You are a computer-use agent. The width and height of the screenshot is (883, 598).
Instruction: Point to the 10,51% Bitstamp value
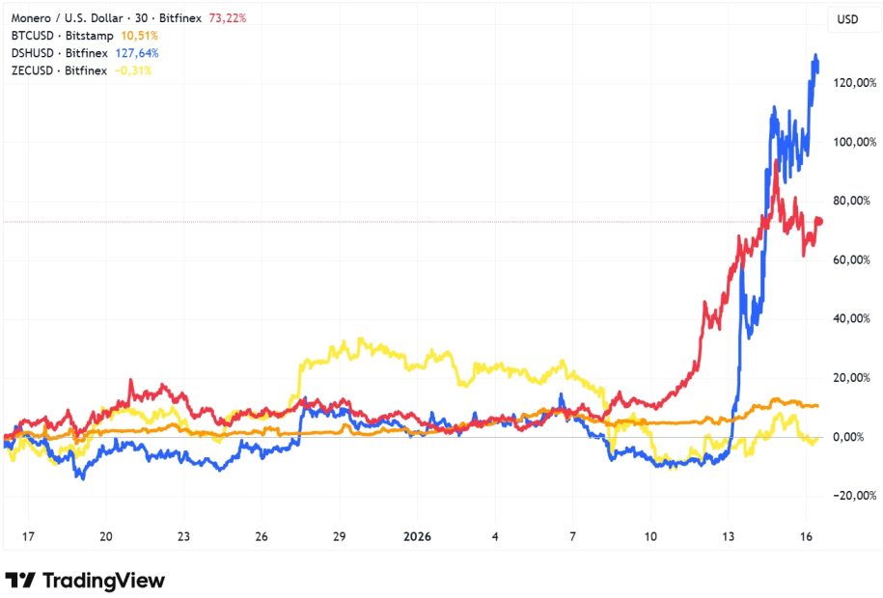tap(139, 36)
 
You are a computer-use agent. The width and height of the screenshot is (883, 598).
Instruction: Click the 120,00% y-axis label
tap(856, 83)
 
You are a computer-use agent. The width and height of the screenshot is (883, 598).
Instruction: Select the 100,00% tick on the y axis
tap(856, 142)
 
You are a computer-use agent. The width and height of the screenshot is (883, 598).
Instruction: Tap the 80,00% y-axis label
tap(856, 201)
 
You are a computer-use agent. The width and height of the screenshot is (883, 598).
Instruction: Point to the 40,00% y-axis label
tap(856, 318)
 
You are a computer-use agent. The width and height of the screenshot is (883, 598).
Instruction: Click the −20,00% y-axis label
tap(854, 496)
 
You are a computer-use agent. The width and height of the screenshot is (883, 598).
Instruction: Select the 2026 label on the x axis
tap(416, 536)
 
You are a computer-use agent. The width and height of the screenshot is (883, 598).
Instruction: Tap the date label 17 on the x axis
tap(28, 536)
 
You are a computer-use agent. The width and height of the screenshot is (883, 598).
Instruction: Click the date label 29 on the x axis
tap(339, 536)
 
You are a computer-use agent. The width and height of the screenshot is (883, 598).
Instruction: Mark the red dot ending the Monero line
tap(819, 221)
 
